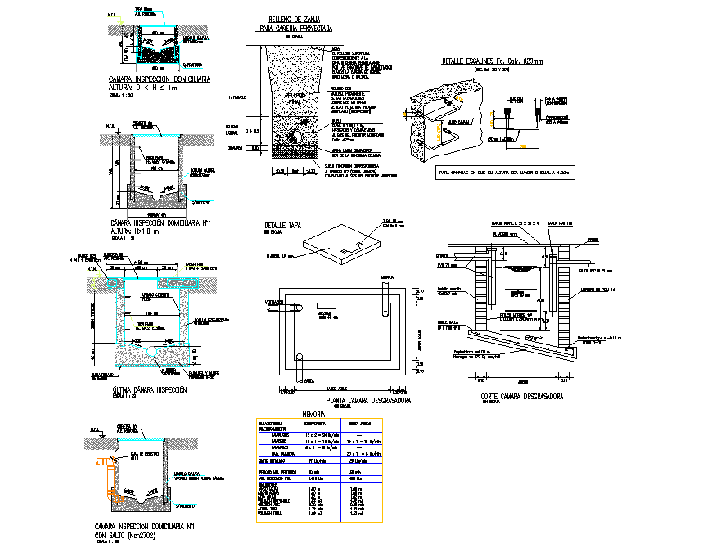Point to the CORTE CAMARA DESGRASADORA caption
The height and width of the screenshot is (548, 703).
pyautogui.click(x=515, y=396)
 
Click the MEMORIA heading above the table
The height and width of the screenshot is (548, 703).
pyautogui.click(x=314, y=414)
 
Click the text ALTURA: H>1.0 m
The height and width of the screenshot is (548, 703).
pyautogui.click(x=142, y=231)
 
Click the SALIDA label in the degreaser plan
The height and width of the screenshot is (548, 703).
pyautogui.click(x=286, y=380)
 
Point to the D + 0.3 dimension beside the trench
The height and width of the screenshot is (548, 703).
pyautogui.click(x=253, y=130)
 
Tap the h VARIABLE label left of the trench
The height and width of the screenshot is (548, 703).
pyautogui.click(x=239, y=97)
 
